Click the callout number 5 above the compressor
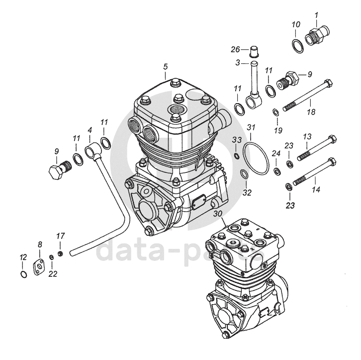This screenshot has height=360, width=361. (165, 66)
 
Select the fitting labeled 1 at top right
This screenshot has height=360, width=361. (315, 36)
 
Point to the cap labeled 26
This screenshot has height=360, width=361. (255, 51)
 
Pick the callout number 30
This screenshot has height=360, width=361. (217, 214)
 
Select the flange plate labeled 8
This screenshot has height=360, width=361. (39, 267)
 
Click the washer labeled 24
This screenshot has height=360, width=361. (276, 172)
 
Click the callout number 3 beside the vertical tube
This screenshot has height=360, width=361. (238, 63)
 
